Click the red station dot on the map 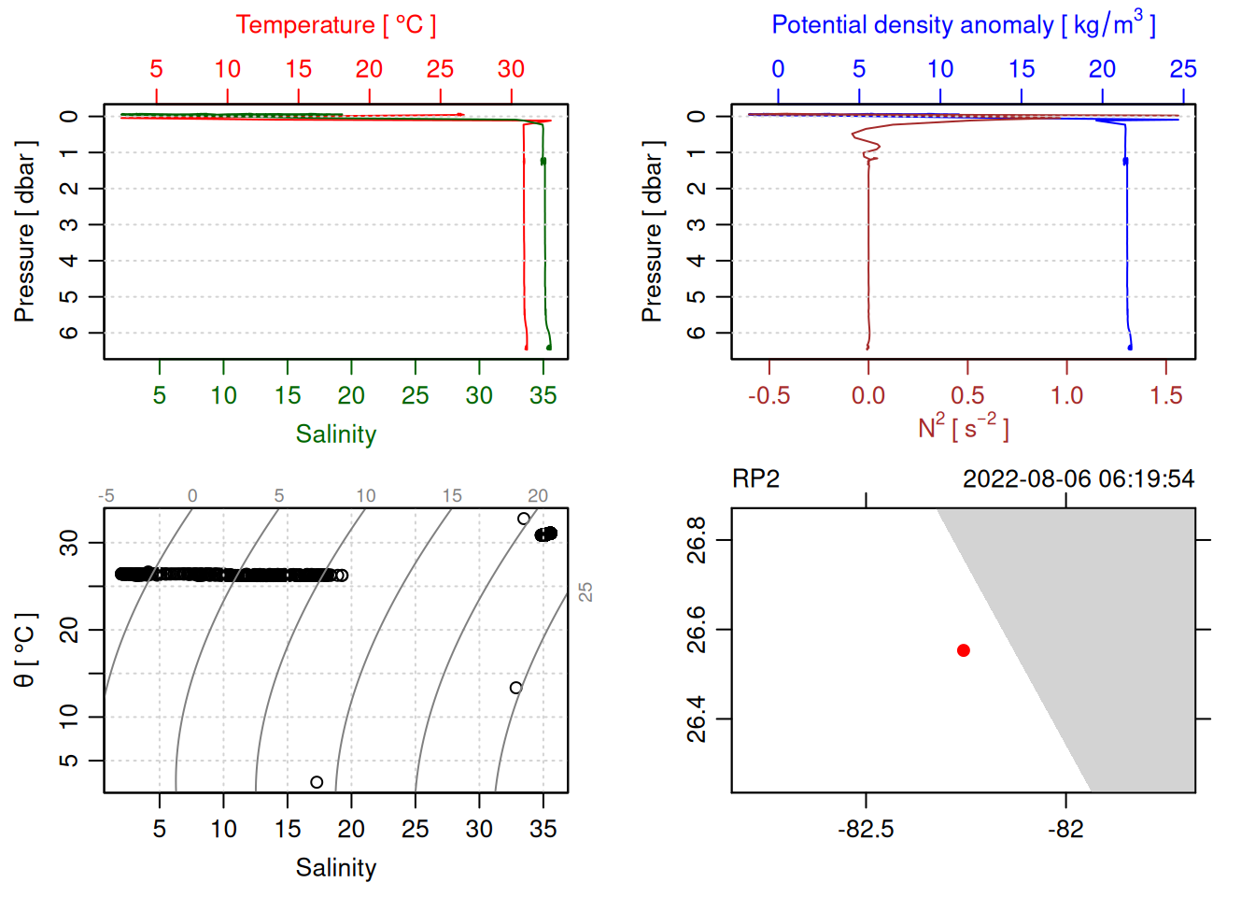963,650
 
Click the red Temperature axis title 335,25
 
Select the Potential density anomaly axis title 963,25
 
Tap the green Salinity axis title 335,434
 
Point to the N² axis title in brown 963,428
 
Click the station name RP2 755,479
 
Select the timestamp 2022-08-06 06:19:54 1078,479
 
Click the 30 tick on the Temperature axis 511,69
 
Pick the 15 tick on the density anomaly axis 1021,69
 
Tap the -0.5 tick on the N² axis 769,396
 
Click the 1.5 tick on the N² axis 1165,396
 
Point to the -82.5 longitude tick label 866,830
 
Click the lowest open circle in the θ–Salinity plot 317,782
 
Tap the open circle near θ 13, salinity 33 515,688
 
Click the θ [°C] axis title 25,650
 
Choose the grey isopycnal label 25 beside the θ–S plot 585,591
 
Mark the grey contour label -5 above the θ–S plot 106,496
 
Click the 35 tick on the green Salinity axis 543,396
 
